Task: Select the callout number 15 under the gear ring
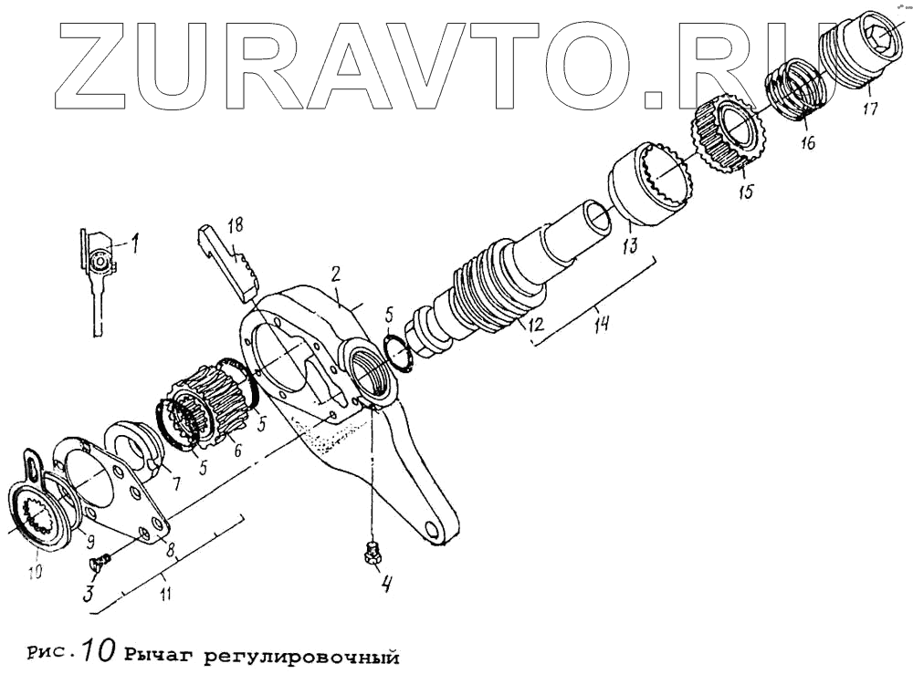(746, 193)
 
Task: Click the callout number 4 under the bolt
(387, 585)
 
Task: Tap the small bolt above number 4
(372, 551)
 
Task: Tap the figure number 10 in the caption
(96, 652)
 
